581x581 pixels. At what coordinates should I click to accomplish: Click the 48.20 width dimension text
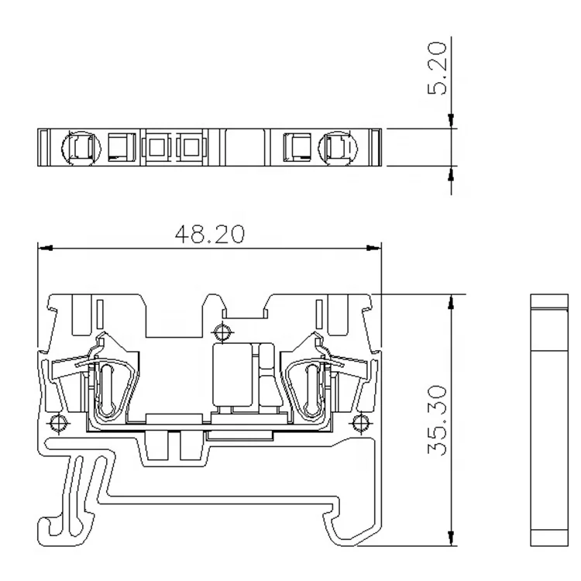210,234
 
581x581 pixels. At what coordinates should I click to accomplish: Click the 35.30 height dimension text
438,421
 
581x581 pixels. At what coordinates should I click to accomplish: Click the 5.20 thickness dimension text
438,68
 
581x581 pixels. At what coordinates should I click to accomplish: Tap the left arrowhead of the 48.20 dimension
45,248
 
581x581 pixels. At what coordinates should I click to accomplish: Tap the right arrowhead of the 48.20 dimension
374,248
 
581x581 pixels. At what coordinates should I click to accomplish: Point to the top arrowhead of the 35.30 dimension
451,302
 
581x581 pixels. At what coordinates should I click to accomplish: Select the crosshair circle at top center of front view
222,332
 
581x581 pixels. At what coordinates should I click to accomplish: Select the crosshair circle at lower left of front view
58,424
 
